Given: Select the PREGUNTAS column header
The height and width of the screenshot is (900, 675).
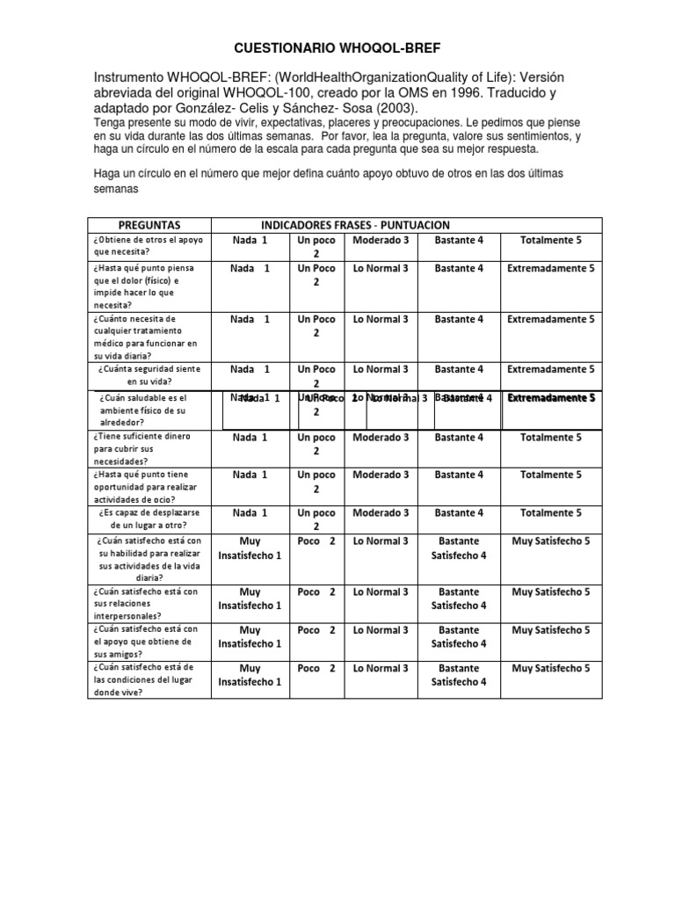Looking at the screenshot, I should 149,226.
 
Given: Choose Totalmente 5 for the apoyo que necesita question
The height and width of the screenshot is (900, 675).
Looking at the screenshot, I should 550,240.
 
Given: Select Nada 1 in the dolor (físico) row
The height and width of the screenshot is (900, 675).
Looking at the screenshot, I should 250,268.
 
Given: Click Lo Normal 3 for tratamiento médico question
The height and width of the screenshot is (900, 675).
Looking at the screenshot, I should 380,319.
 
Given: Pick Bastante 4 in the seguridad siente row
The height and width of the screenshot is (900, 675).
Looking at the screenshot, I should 459,369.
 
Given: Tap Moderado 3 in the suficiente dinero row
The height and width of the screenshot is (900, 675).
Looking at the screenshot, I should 380,437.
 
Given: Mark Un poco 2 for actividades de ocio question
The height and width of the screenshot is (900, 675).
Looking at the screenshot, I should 316,482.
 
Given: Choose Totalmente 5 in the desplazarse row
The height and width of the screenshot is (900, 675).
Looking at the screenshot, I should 550,512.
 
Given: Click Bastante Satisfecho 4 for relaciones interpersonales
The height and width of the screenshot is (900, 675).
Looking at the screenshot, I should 459,599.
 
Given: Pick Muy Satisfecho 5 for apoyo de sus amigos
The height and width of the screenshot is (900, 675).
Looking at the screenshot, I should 550,630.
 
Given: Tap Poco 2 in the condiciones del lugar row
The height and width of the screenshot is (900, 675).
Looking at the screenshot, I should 316,668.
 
